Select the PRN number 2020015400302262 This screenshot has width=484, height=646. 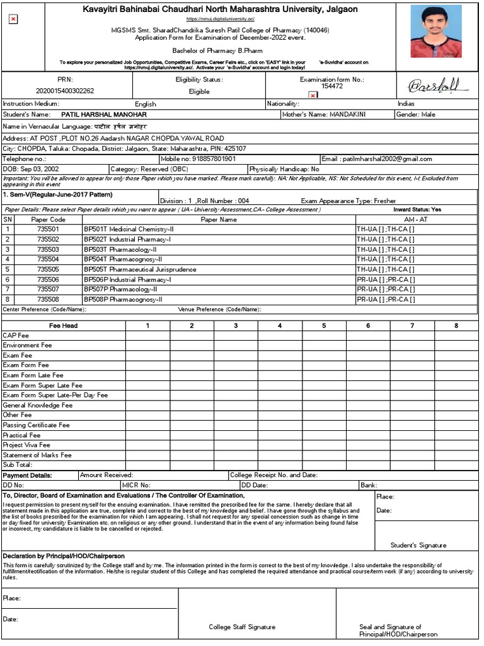pos(65,91)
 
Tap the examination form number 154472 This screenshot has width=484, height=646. pos(331,86)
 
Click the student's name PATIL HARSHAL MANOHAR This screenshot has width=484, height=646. pos(104,115)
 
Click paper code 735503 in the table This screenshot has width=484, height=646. pos(48,249)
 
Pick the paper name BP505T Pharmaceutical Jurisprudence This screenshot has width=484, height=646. pos(140,269)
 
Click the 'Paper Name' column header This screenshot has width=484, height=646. pos(219,220)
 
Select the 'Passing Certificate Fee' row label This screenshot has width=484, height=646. pos(36,425)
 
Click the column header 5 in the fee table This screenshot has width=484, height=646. pos(324,326)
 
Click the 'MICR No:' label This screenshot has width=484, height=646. pos(136,485)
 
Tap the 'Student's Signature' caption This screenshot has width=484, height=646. pos(418,545)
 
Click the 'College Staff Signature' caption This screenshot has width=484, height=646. pos(242,627)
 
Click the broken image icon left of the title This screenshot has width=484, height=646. pos(13,20)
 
